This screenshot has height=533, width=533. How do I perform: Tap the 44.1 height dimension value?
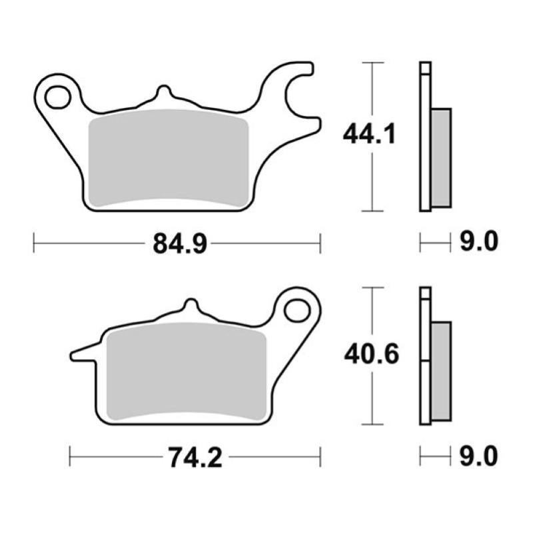[370, 135]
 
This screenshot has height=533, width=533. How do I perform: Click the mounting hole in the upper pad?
[57, 97]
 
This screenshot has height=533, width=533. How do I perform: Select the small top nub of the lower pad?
[191, 307]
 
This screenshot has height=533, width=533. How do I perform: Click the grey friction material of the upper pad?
[168, 156]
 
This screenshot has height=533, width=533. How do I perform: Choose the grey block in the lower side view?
[441, 370]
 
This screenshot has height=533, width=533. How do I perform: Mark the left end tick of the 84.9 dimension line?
[34, 243]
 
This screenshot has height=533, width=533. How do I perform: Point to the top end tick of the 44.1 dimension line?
[372, 63]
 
